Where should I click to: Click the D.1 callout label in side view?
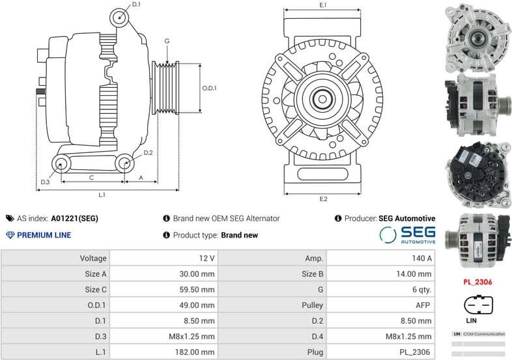[x=136, y=5]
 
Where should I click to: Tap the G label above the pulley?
[x=167, y=41]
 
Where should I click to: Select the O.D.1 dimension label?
[x=209, y=88]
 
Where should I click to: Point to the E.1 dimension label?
[x=322, y=5]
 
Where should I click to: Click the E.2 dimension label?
[x=323, y=199]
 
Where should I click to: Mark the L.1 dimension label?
[x=102, y=195]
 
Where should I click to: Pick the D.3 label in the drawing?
[x=44, y=182]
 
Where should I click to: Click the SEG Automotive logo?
[x=407, y=235]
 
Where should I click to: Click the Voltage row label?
[x=55, y=258]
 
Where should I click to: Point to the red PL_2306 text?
[x=477, y=282]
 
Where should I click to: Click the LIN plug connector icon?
[x=478, y=304]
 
